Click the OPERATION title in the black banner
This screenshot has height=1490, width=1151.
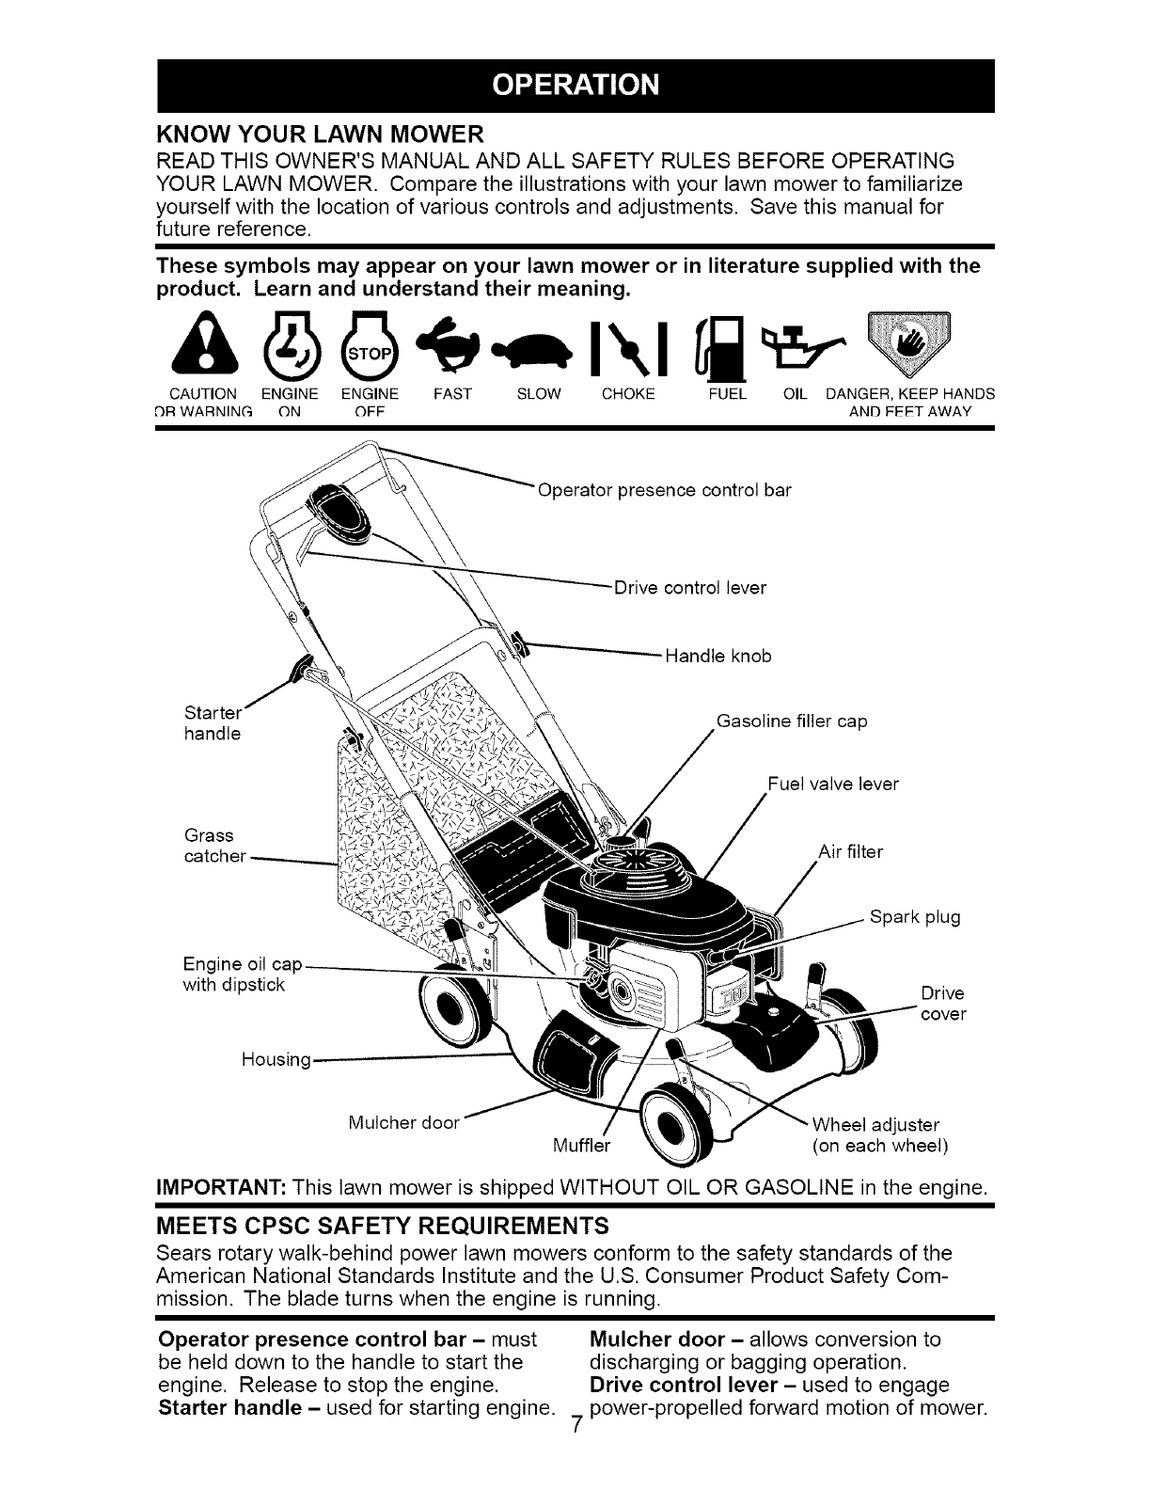(x=575, y=86)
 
